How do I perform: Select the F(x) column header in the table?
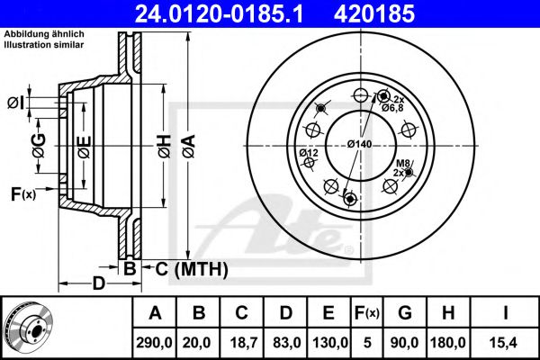pos(367,313)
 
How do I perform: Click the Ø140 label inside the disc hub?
pos(361,144)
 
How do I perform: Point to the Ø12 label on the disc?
pos(309,154)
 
